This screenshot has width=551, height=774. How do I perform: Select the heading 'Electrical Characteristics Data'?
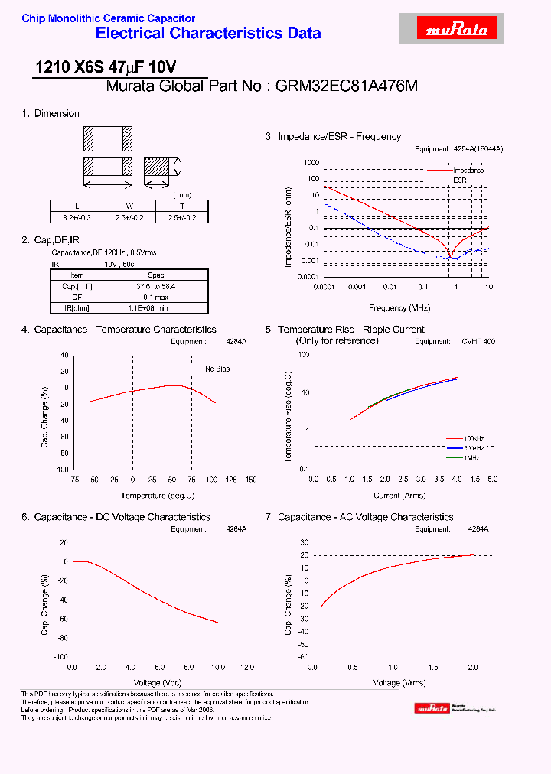[x=208, y=34]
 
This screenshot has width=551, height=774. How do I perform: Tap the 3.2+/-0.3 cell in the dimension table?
[x=77, y=217]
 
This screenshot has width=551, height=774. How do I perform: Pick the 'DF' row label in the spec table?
[x=77, y=297]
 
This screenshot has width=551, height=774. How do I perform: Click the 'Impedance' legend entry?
[x=468, y=170]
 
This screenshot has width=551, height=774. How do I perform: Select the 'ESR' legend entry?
[x=459, y=180]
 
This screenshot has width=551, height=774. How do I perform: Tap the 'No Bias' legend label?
[x=217, y=369]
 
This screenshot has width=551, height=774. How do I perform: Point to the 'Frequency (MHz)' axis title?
[x=399, y=307]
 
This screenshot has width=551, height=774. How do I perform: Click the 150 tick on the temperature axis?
[x=250, y=480]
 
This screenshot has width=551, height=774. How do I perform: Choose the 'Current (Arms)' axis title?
[x=399, y=495]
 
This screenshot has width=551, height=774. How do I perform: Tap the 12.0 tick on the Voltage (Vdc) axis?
[x=248, y=667]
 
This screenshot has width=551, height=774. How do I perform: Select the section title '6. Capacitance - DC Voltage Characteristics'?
[x=116, y=517]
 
